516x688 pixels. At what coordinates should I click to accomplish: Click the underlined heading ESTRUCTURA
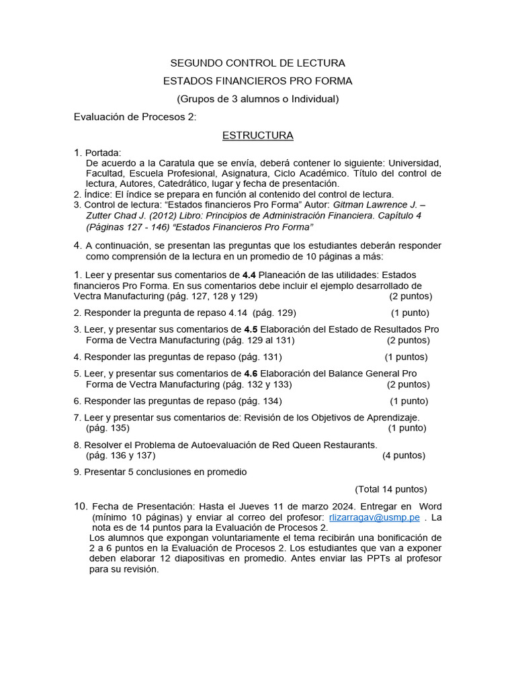[x=258, y=135]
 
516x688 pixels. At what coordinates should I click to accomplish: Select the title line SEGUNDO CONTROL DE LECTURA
[x=258, y=63]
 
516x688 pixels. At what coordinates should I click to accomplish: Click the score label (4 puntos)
[x=404, y=455]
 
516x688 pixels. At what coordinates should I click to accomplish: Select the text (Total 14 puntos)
[x=390, y=489]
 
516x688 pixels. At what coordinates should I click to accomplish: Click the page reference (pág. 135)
[x=108, y=427]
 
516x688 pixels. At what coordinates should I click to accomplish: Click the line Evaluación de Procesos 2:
[x=134, y=117]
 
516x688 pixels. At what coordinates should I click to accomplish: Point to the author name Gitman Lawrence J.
[x=378, y=204]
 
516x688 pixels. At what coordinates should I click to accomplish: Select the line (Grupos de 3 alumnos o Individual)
[x=258, y=99]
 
